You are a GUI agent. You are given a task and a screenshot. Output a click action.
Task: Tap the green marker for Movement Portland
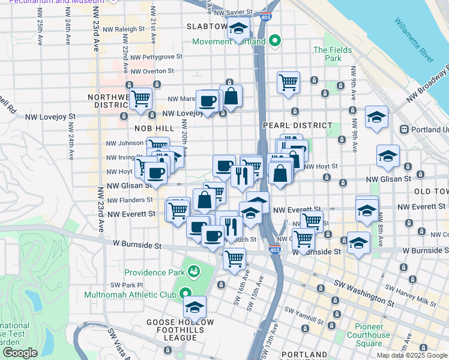[276, 41]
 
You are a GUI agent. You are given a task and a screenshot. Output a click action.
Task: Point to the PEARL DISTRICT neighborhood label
[297, 125]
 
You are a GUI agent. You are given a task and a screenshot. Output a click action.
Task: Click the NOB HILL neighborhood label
[155, 128]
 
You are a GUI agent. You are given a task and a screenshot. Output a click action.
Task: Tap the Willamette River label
[414, 40]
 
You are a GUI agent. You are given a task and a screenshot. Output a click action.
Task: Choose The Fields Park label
[328, 54]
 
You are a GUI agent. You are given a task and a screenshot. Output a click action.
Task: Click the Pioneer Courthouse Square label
[369, 339]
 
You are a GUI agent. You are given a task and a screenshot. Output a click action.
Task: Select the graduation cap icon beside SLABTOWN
[238, 29]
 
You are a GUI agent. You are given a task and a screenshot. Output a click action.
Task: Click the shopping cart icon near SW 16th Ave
[234, 259]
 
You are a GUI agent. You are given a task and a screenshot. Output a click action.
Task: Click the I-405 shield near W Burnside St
[275, 251]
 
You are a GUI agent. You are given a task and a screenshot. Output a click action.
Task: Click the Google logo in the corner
[20, 352]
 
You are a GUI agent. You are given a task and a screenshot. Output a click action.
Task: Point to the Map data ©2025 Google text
[411, 355]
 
